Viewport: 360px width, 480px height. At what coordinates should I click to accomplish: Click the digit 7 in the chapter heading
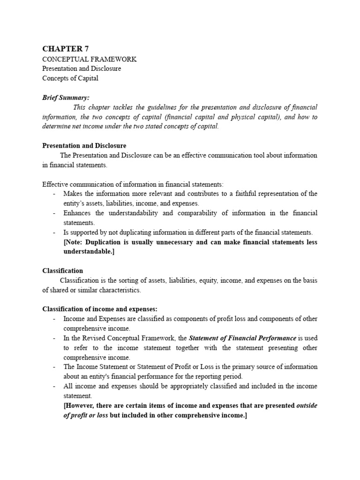(85, 49)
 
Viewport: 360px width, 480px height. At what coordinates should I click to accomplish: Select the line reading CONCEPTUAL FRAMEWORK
(90, 59)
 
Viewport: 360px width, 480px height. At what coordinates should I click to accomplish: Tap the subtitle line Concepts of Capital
(70, 78)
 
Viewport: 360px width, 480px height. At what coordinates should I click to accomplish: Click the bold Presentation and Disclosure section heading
(84, 146)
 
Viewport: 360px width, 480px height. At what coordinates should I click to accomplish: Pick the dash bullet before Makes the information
(54, 194)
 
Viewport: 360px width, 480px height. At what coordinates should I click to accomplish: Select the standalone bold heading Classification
(63, 271)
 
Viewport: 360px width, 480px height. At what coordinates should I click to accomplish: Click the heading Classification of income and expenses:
(100, 309)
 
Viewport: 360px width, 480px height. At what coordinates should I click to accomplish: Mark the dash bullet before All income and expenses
(54, 386)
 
